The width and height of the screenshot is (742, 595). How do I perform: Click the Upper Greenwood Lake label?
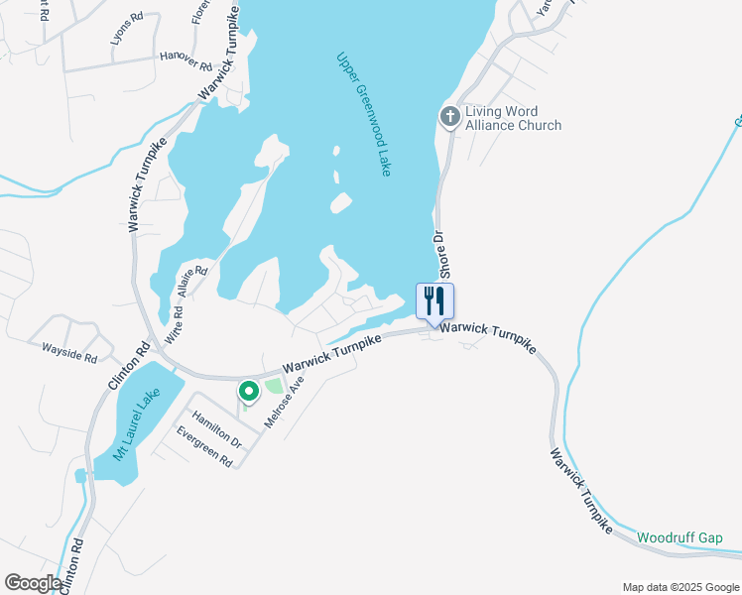tap(363, 114)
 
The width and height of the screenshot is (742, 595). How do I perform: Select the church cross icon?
tap(449, 117)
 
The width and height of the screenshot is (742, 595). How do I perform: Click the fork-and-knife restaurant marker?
tap(434, 299)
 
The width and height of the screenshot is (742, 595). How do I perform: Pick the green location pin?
tap(248, 392)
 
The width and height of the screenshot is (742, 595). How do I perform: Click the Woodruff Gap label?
tap(680, 537)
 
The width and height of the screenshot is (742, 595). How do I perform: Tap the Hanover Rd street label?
tap(186, 61)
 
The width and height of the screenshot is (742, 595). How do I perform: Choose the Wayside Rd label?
tap(68, 351)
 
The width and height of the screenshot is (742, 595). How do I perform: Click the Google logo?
tap(32, 583)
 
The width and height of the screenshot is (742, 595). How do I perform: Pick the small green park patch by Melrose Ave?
tap(273, 385)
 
